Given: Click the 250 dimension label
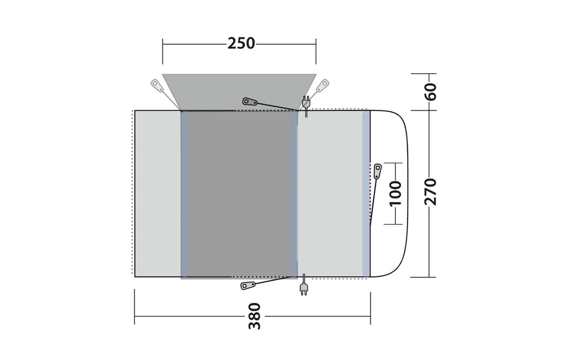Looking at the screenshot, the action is point(241,44).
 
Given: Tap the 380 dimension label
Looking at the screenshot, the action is point(255,316).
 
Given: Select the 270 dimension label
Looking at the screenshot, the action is point(431,192).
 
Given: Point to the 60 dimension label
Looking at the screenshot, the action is point(431,92).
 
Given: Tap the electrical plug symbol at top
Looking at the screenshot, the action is point(306,103).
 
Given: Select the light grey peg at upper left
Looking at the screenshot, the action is point(158,85).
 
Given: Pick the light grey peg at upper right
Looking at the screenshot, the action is point(322,86).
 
